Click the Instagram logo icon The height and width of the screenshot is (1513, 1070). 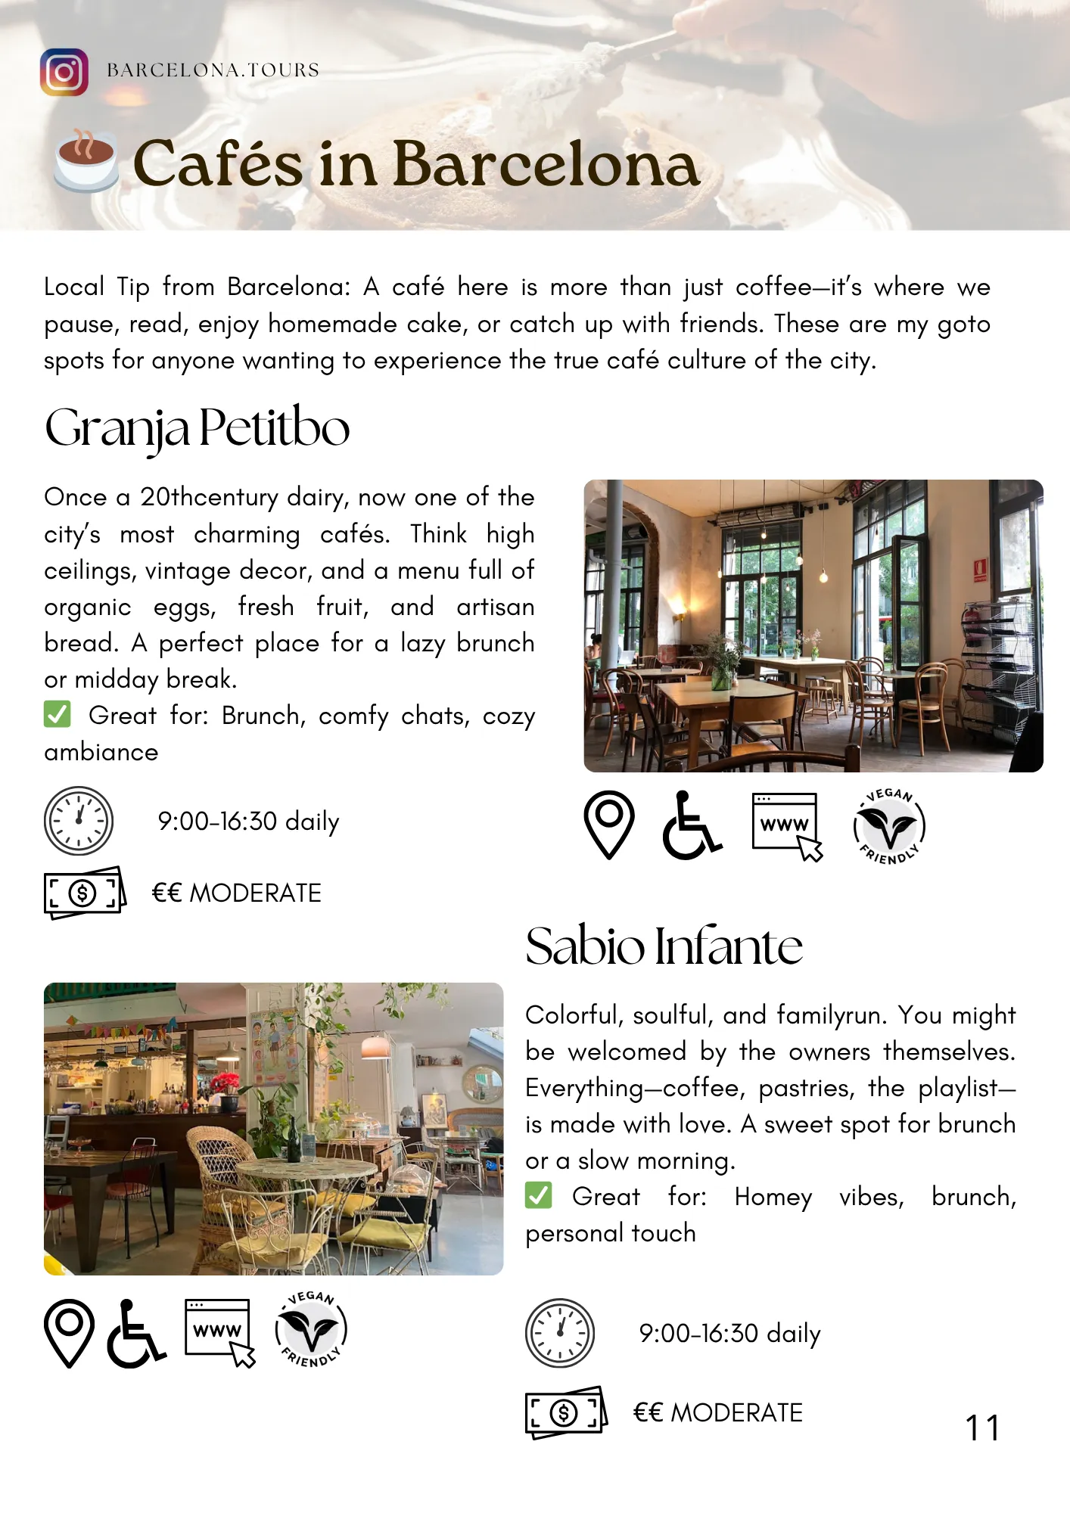64,73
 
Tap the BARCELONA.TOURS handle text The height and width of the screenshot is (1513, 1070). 213,70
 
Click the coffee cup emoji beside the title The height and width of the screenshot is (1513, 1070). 86,161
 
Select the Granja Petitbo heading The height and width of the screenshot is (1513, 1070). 197,428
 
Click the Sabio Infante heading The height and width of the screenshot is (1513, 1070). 664,946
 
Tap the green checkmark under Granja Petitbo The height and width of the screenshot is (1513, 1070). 58,714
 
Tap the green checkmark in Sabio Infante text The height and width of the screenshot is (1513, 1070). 539,1195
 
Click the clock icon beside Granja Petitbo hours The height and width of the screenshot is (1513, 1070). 79,821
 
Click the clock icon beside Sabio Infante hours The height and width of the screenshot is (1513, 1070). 560,1333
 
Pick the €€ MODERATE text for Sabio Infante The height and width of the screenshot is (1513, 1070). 717,1412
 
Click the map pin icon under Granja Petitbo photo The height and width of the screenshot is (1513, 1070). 608,825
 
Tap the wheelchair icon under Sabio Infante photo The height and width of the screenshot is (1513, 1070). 136,1334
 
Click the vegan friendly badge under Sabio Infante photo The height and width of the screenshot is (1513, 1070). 310,1330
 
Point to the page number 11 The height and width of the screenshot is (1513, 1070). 982,1428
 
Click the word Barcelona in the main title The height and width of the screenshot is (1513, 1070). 546,163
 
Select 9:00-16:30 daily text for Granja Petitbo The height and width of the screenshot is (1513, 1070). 248,822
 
